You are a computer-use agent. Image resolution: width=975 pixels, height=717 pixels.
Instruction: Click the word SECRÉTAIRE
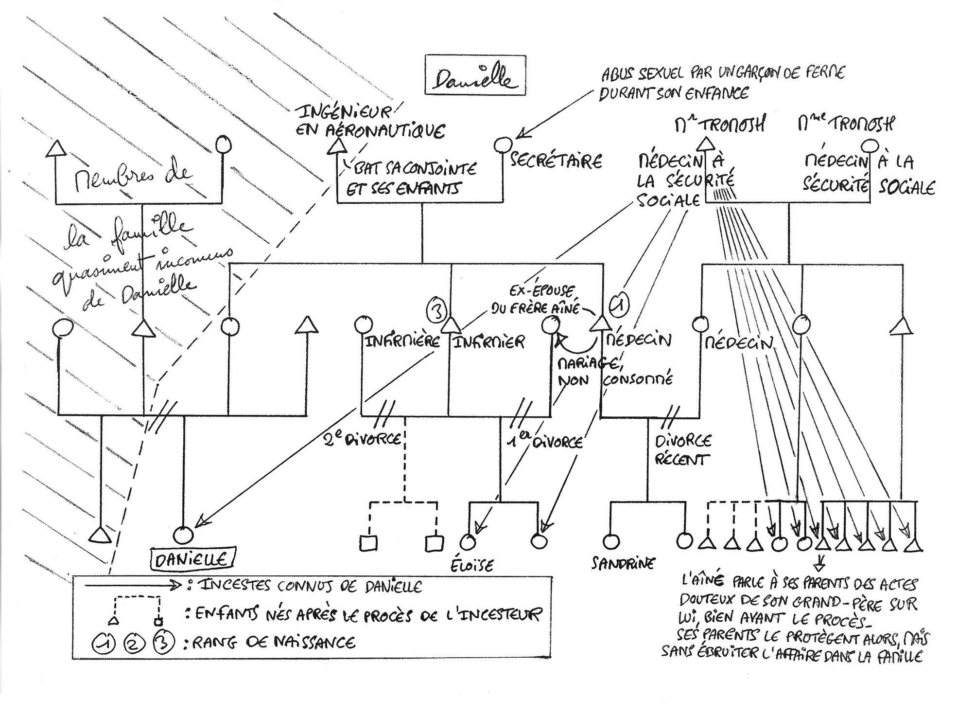coord(556,161)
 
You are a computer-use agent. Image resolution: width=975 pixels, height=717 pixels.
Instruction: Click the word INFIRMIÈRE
coord(402,341)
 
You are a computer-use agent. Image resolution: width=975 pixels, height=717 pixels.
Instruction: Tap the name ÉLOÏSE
coord(476,564)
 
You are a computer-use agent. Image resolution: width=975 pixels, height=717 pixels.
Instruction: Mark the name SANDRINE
coord(623,563)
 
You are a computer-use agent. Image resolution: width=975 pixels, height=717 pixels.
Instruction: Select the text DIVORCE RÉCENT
coord(682,450)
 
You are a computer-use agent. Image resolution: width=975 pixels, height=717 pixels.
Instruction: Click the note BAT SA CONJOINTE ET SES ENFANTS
coord(411,179)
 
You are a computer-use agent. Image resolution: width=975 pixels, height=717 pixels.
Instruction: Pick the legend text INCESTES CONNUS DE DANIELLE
coord(311,586)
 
